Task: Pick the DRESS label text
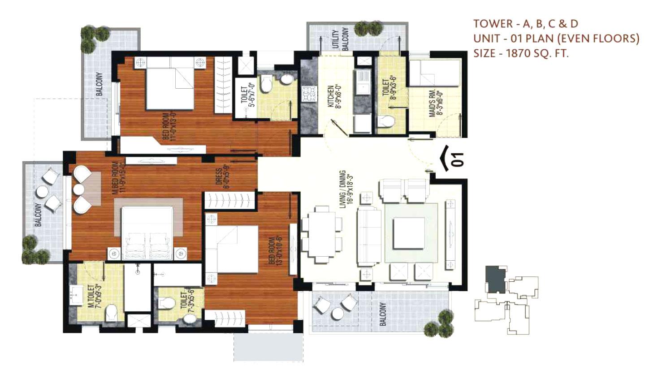tap(221, 178)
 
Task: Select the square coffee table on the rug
tap(408, 233)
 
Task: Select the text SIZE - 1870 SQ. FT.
tap(521, 53)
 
